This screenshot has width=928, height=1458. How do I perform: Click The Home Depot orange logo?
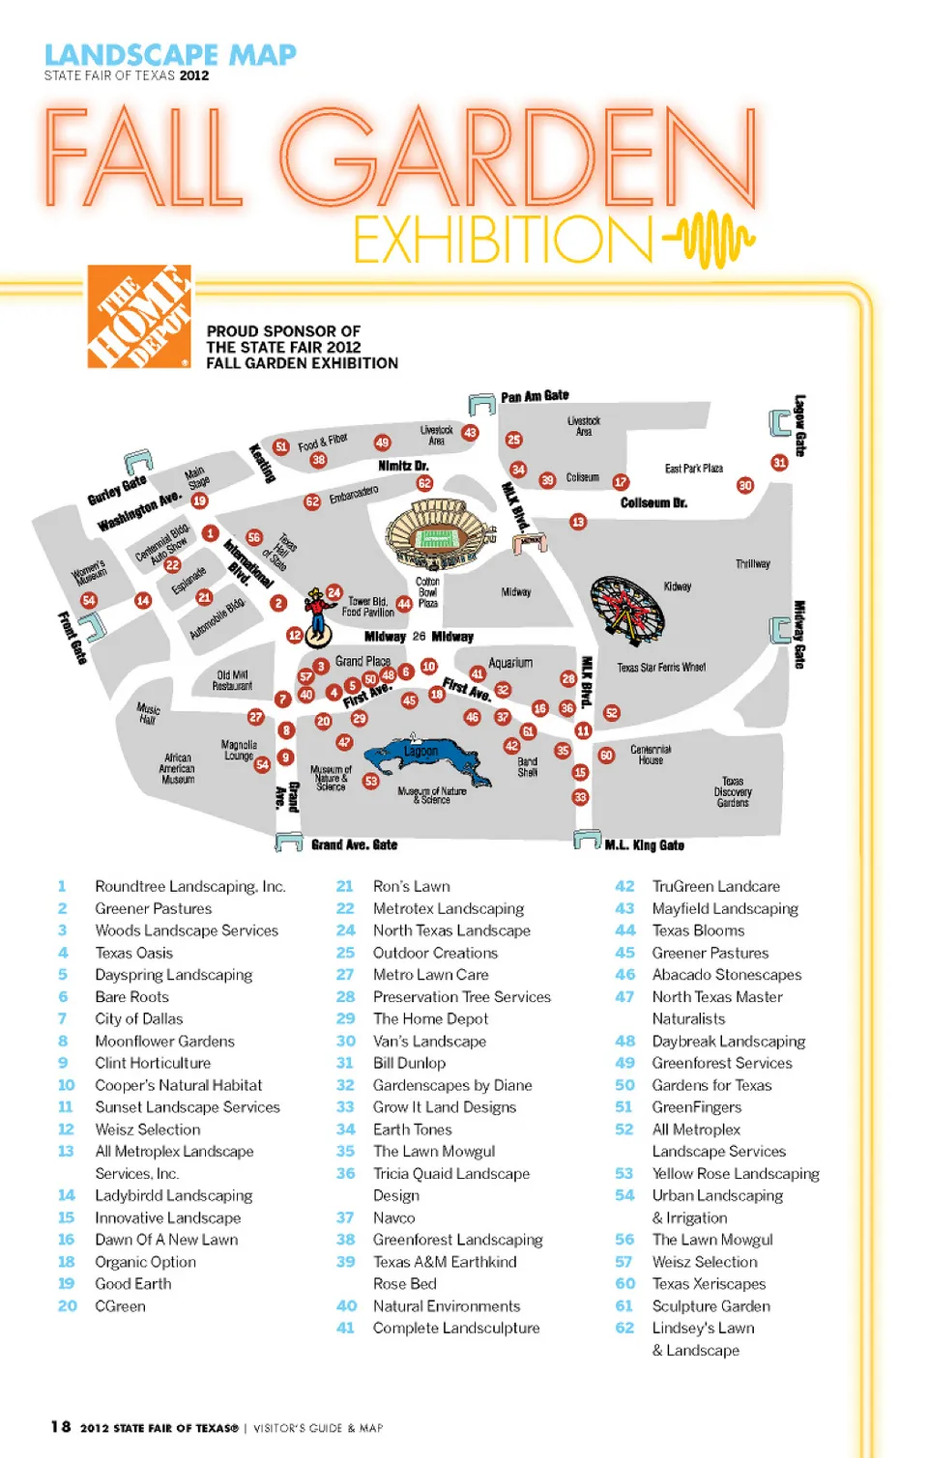tap(139, 317)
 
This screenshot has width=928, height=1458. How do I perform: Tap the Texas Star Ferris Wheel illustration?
tap(626, 608)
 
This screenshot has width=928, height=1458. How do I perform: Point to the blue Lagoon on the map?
tap(422, 757)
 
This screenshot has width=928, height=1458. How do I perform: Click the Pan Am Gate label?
tap(535, 396)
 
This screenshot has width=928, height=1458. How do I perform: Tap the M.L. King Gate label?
tap(644, 845)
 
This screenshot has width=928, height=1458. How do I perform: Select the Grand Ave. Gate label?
tap(354, 844)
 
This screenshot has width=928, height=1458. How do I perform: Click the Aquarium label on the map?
tap(510, 663)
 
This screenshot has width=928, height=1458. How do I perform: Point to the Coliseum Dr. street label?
tap(653, 503)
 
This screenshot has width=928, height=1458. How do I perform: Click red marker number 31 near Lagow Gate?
tap(779, 463)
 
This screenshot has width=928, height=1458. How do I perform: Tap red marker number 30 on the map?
tap(745, 485)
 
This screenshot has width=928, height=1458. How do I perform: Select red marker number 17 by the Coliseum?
tap(621, 481)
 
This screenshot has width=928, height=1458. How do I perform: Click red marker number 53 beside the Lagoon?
tap(371, 781)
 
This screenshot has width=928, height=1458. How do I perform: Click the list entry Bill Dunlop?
tap(409, 1063)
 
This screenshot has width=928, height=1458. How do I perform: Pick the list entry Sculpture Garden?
tap(710, 1306)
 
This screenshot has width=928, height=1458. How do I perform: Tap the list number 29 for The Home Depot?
tap(345, 1018)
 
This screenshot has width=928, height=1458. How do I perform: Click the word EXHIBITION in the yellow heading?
tap(504, 241)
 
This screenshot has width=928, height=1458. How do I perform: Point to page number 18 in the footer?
tap(61, 1427)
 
